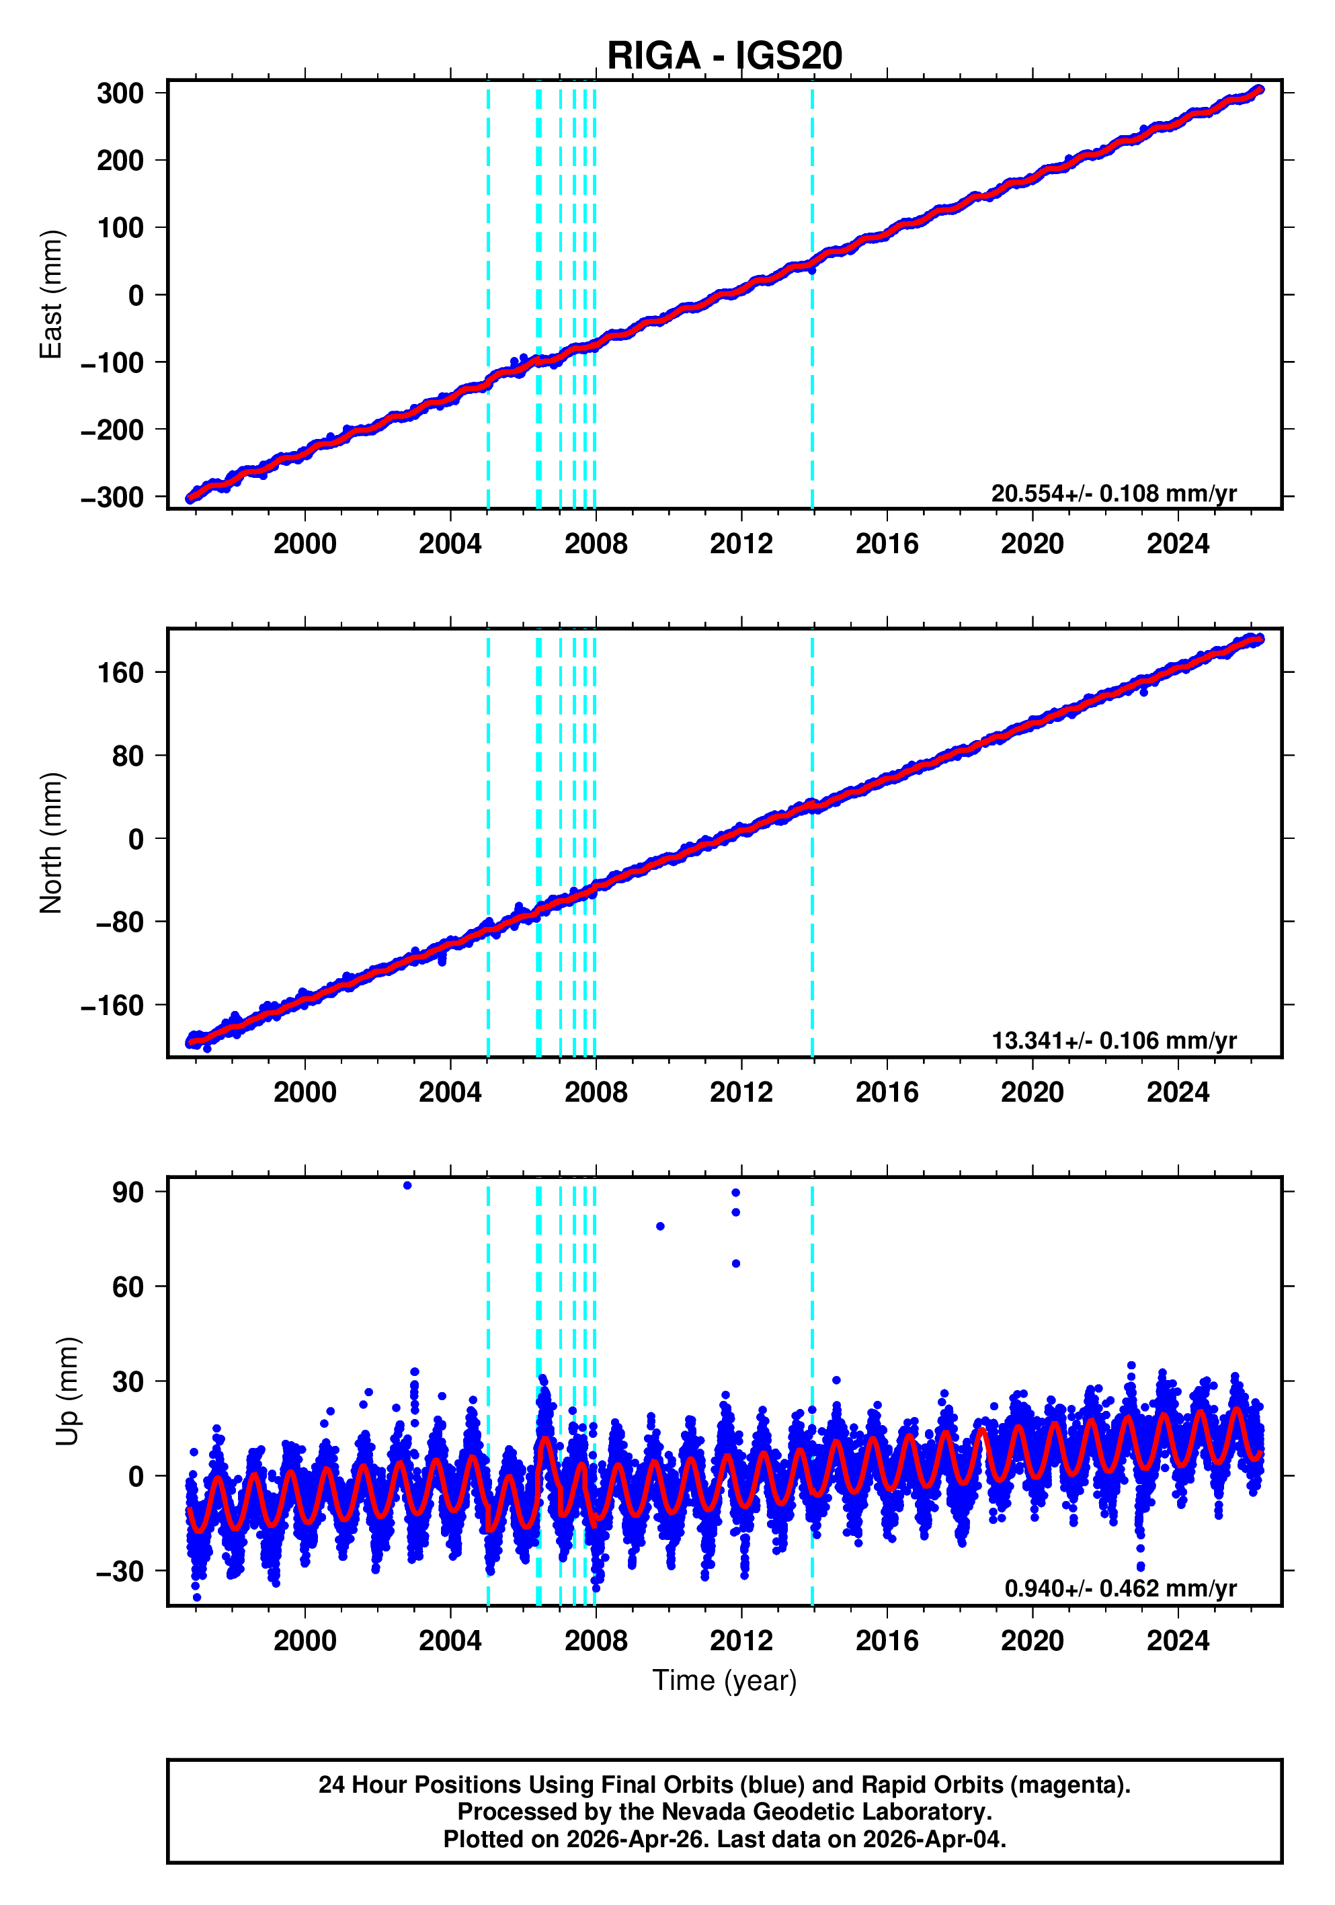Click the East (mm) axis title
tap(50, 294)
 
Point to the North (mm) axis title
tap(50, 842)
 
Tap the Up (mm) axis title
tap(67, 1391)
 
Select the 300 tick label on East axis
tap(120, 93)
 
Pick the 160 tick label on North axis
tap(120, 672)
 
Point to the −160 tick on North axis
tap(112, 1006)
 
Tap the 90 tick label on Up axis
tap(128, 1192)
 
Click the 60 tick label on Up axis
tap(128, 1287)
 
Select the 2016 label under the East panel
tap(886, 544)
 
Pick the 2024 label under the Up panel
tap(1177, 1640)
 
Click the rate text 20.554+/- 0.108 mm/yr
tap(1113, 493)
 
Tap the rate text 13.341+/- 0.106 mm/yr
tap(1113, 1041)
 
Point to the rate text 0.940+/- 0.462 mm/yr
tap(1120, 1588)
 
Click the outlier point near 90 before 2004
tap(407, 1186)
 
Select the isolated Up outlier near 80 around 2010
tap(659, 1226)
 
